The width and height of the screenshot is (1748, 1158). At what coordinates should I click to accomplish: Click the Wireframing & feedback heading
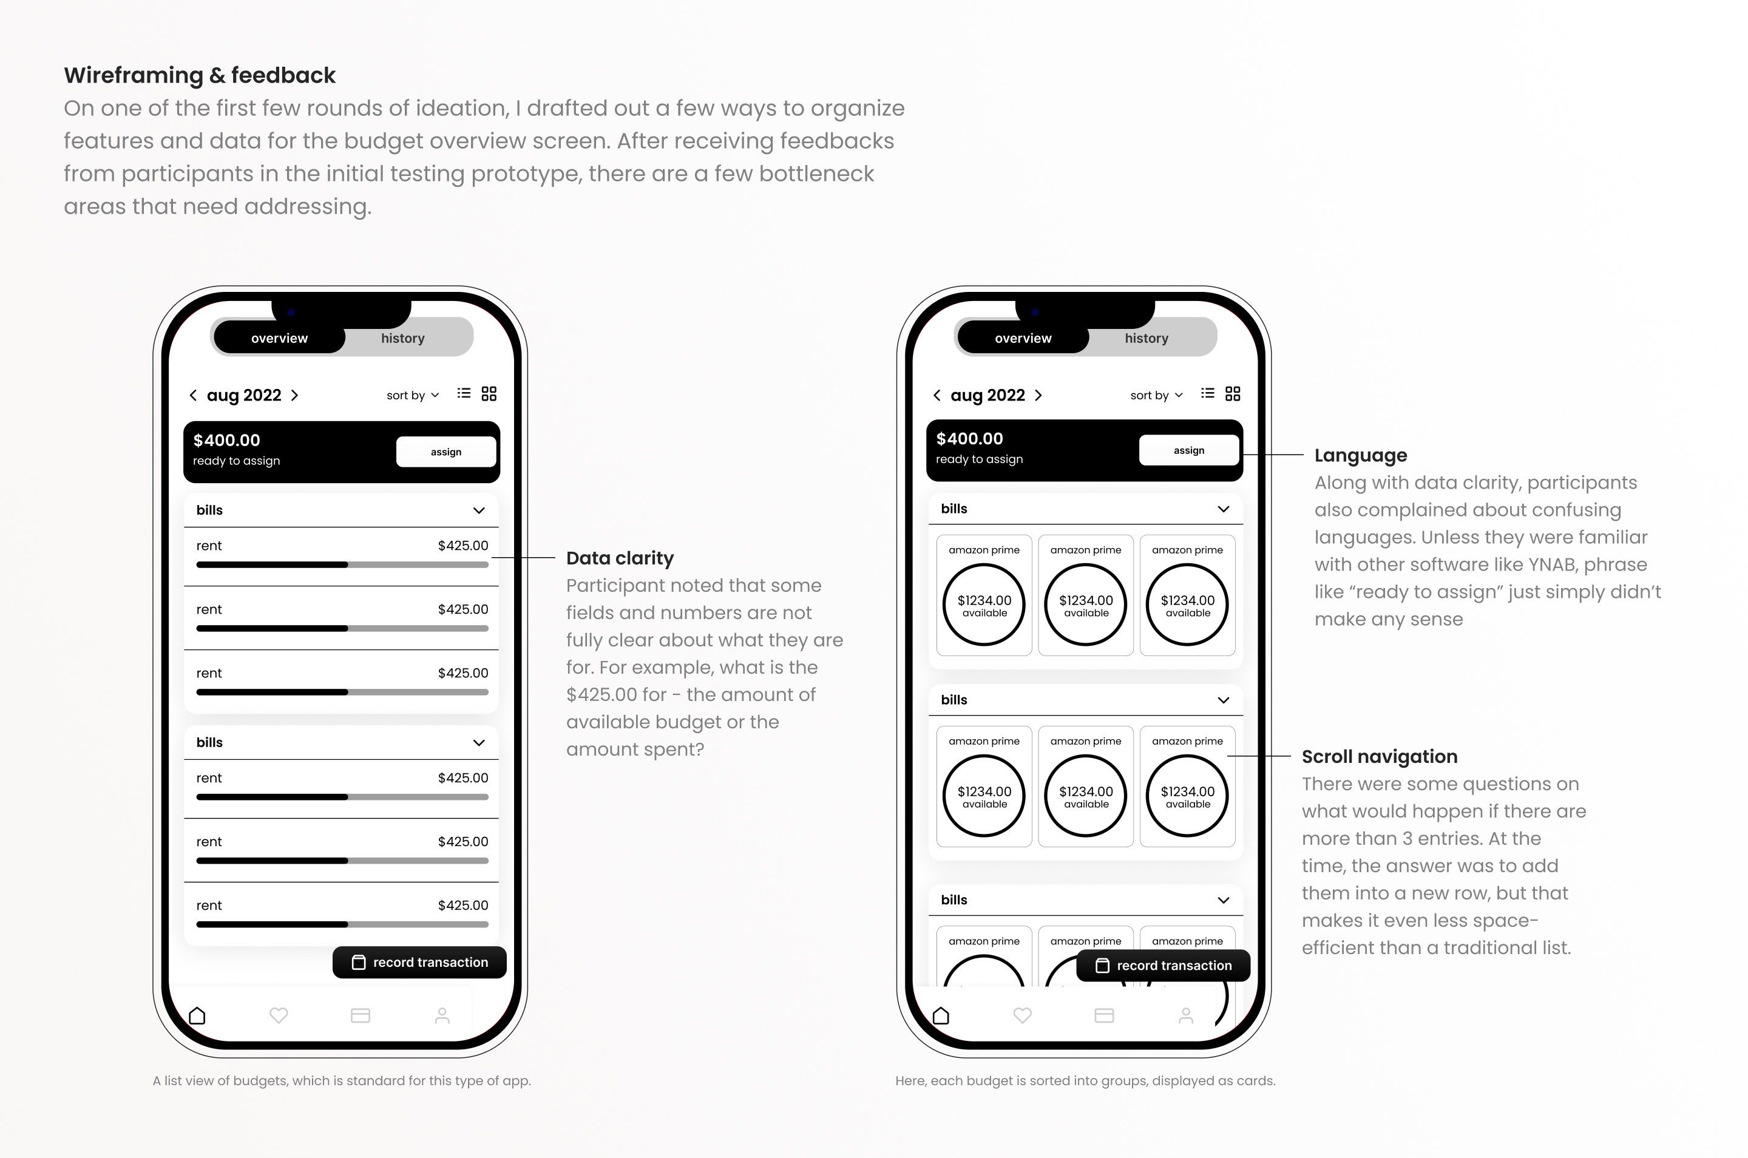(200, 75)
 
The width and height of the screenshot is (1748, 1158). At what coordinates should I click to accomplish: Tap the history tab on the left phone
(402, 338)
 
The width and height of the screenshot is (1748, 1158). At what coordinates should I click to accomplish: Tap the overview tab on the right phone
(1023, 338)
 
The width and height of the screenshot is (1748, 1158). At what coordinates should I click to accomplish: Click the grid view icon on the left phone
(489, 394)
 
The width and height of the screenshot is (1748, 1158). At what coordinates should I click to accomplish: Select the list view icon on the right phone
(1207, 394)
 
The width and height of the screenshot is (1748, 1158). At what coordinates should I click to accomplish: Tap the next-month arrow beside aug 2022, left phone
(294, 395)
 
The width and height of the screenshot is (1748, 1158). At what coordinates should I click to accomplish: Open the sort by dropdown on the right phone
(1156, 395)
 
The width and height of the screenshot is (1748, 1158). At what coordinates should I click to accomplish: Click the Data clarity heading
(620, 558)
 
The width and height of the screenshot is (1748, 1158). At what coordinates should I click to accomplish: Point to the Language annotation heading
(1360, 456)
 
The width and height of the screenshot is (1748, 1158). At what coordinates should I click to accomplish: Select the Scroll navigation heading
(1379, 757)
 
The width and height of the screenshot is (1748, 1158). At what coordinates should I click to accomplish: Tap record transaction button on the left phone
(419, 963)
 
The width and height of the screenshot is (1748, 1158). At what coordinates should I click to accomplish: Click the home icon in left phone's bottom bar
(197, 1016)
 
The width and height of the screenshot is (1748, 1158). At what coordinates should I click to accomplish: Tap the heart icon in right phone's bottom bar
(1022, 1016)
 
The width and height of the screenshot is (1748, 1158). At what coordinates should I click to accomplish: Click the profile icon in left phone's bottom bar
(442, 1016)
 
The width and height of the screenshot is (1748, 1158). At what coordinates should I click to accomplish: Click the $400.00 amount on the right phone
(969, 439)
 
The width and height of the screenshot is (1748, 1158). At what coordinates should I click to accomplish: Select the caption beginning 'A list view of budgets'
(341, 1080)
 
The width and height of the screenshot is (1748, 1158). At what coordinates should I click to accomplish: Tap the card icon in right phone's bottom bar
(1104, 1016)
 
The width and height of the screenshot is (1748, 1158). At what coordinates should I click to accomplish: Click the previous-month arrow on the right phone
(937, 395)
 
